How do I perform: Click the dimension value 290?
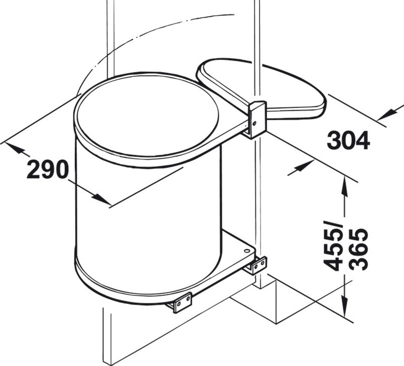(48, 169)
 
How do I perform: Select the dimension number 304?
(348, 140)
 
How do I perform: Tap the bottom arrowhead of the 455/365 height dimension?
(344, 305)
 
